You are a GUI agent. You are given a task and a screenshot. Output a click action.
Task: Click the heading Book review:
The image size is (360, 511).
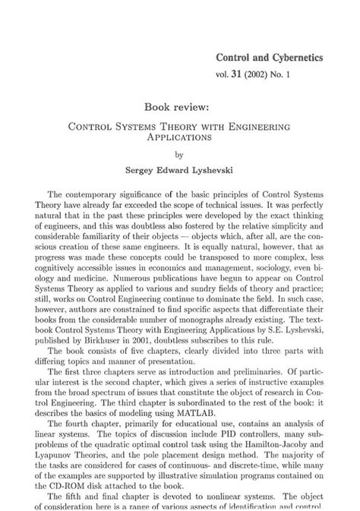click(x=180, y=108)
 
